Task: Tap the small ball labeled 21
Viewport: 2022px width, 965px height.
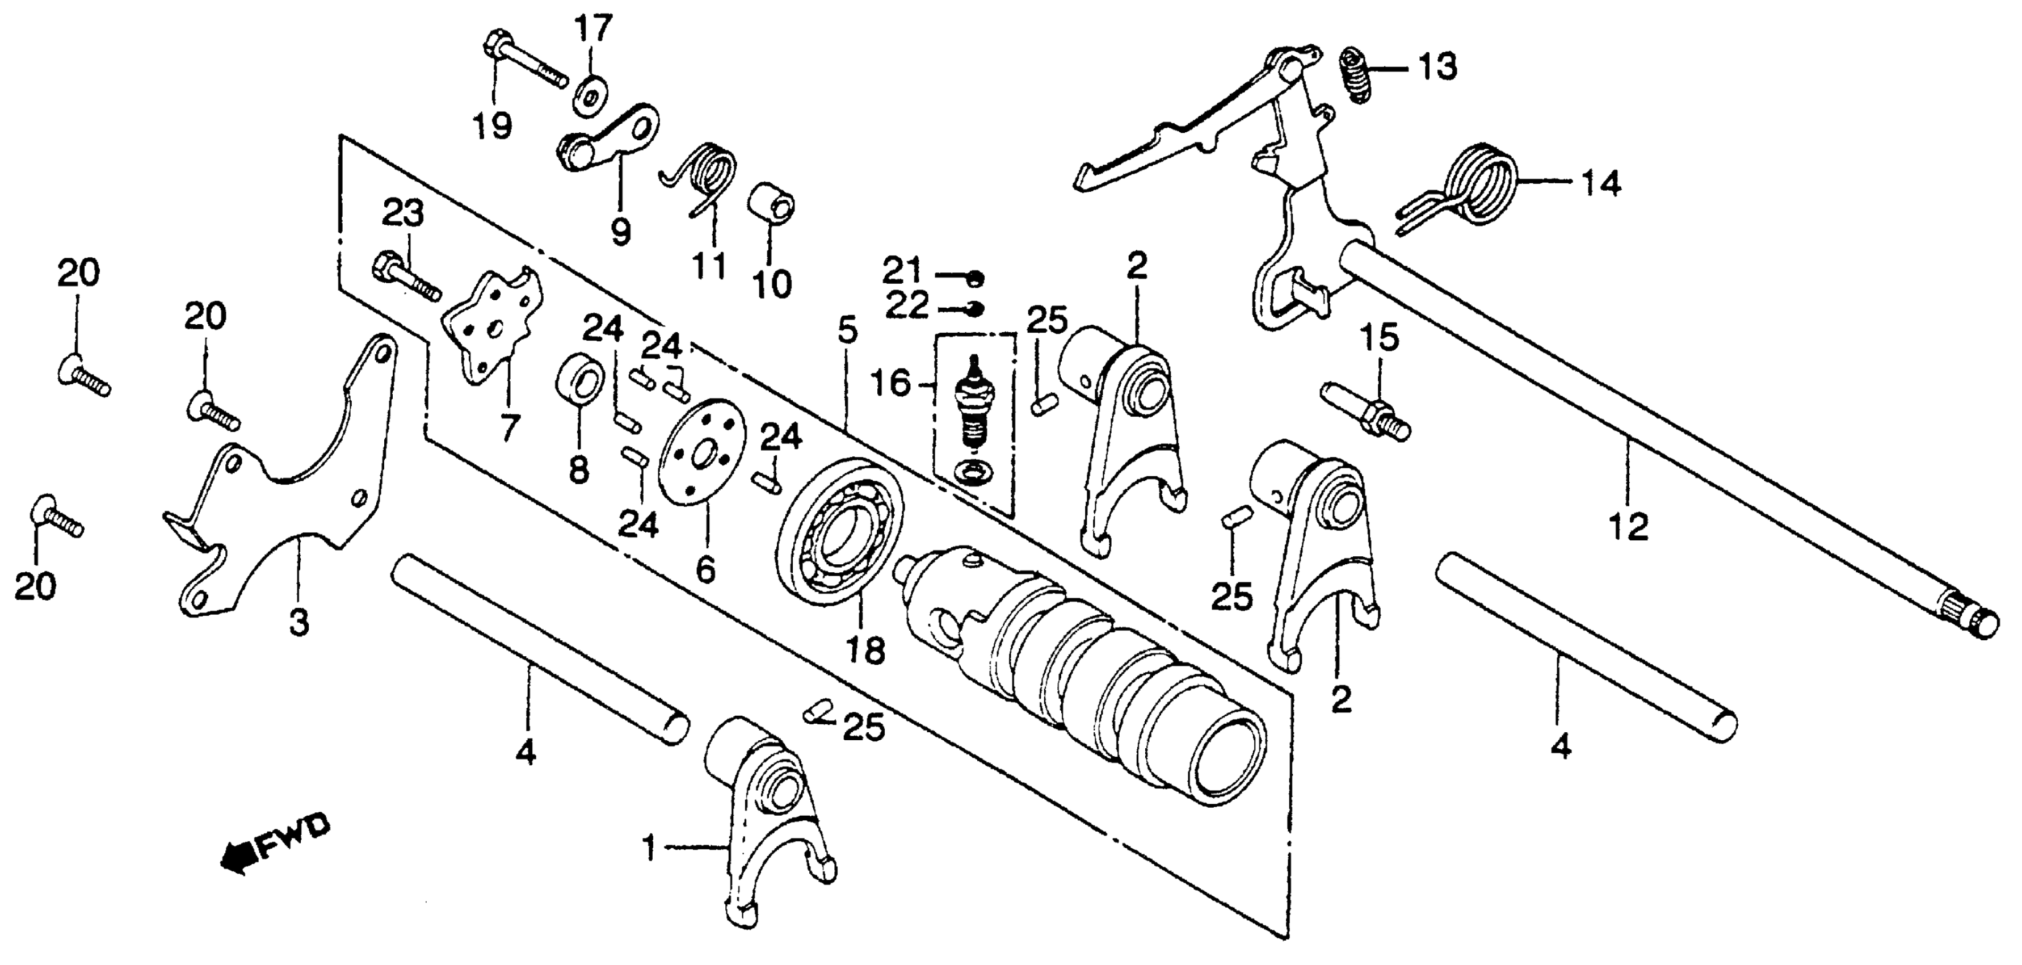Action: (976, 277)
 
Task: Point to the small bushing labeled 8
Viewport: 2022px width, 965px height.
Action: (579, 379)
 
